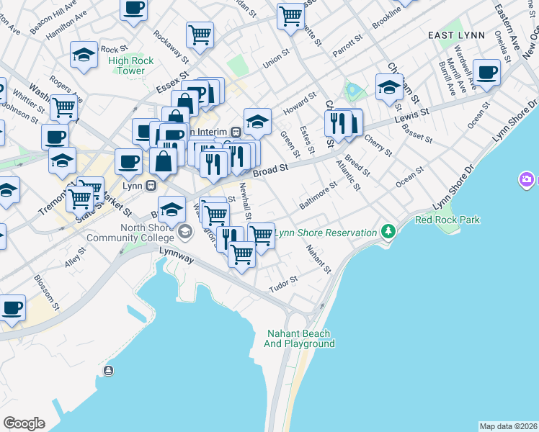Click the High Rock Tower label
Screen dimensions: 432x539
click(x=130, y=66)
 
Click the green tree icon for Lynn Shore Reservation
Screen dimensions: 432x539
click(x=389, y=232)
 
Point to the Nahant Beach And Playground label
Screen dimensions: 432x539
click(x=299, y=338)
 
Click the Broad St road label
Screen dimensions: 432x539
click(x=271, y=167)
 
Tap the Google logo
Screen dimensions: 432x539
click(x=24, y=423)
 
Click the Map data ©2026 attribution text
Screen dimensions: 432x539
click(x=508, y=426)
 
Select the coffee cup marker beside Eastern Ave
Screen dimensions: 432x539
click(x=487, y=73)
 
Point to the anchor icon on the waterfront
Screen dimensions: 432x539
click(x=108, y=371)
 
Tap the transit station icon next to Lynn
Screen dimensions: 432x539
click(x=151, y=185)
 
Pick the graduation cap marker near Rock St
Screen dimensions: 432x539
click(x=84, y=55)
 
